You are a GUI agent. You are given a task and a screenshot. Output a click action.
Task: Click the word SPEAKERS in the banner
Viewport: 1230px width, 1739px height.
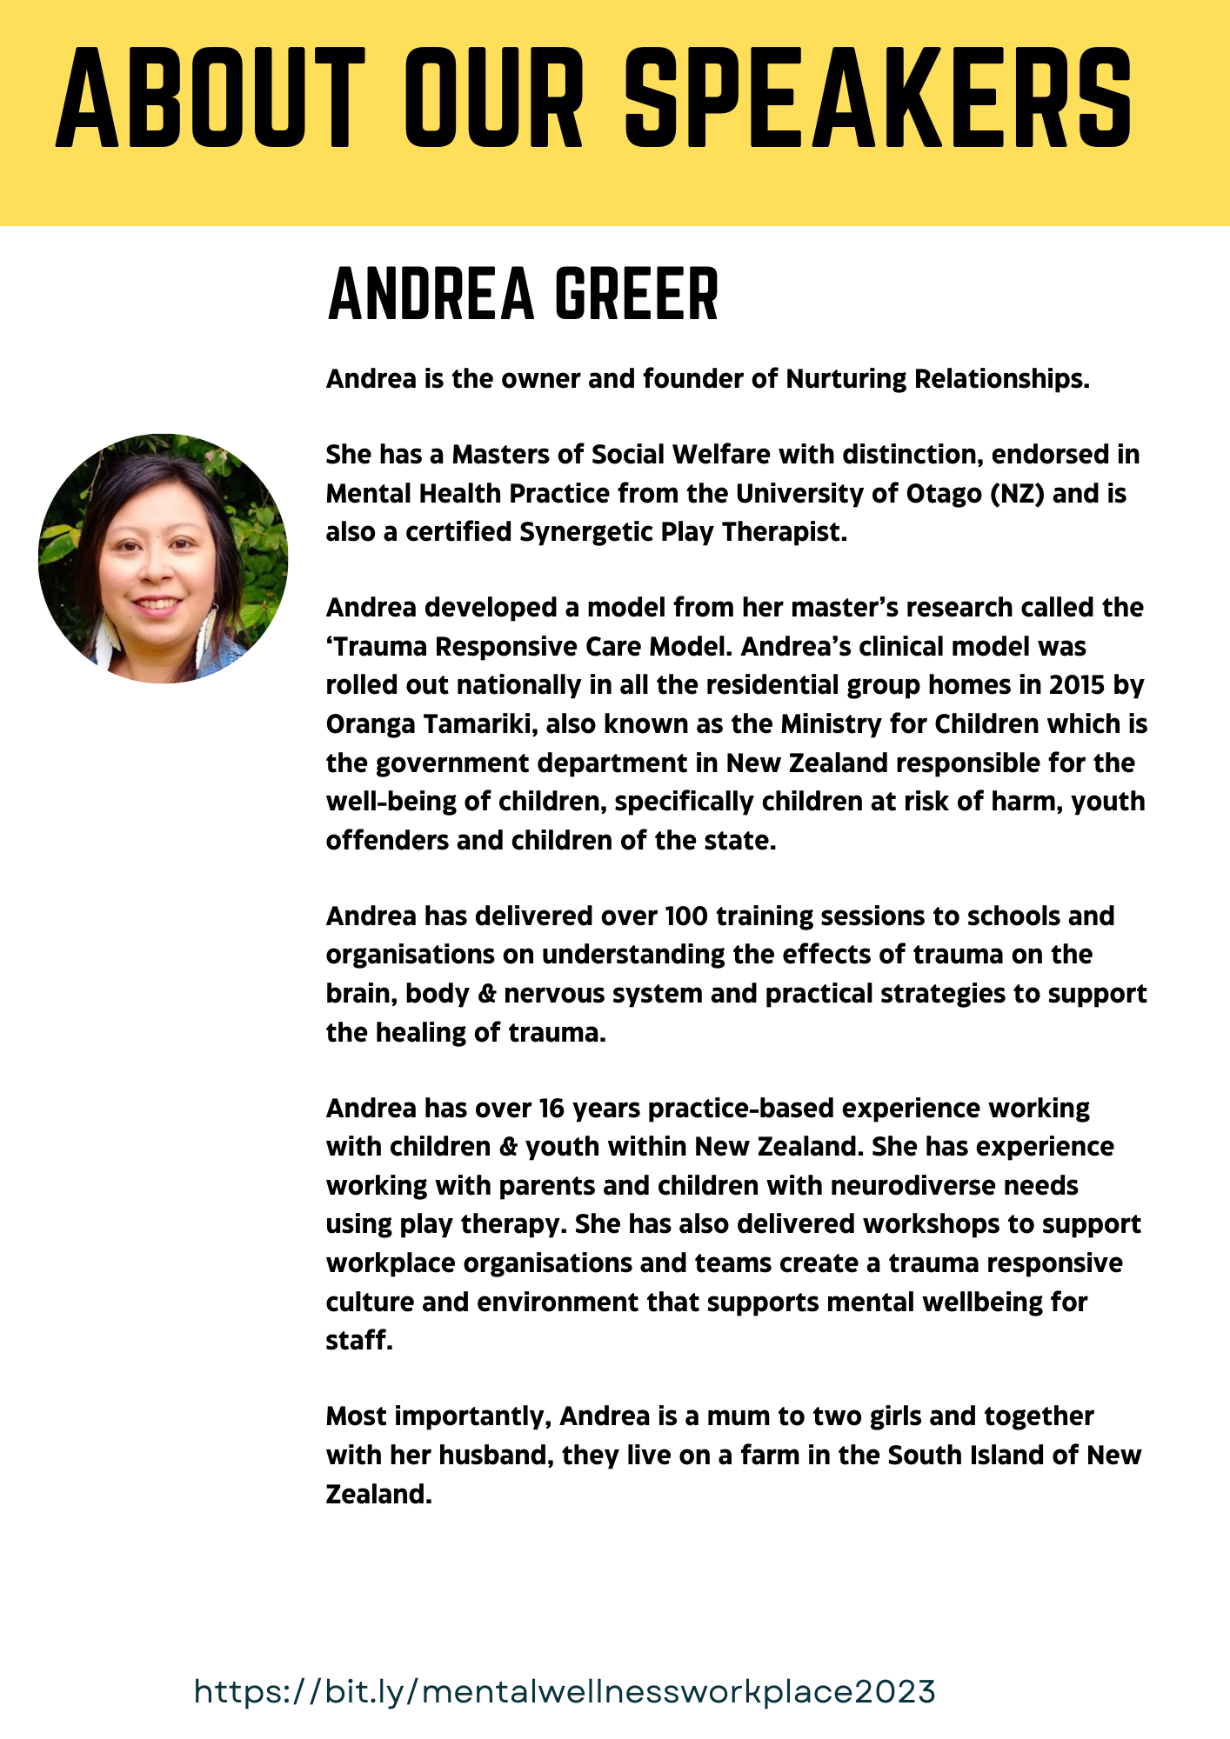pyautogui.click(x=879, y=97)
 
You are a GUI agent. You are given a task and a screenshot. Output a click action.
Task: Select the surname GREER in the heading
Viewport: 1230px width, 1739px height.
pyautogui.click(x=637, y=295)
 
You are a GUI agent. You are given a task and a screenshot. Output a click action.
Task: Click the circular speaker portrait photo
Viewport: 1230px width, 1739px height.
pyautogui.click(x=164, y=558)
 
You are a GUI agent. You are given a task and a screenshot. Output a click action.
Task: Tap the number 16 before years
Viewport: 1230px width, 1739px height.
pyautogui.click(x=551, y=1109)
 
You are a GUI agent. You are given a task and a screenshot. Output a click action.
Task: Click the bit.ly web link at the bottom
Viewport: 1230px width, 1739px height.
pyautogui.click(x=565, y=1691)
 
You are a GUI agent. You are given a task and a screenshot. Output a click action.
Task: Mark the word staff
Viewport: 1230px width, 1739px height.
pyautogui.click(x=358, y=1341)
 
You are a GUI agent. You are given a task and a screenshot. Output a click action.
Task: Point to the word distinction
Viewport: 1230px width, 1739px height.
pyautogui.click(x=893, y=455)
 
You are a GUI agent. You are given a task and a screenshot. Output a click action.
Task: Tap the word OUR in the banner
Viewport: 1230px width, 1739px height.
pyautogui.click(x=493, y=97)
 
